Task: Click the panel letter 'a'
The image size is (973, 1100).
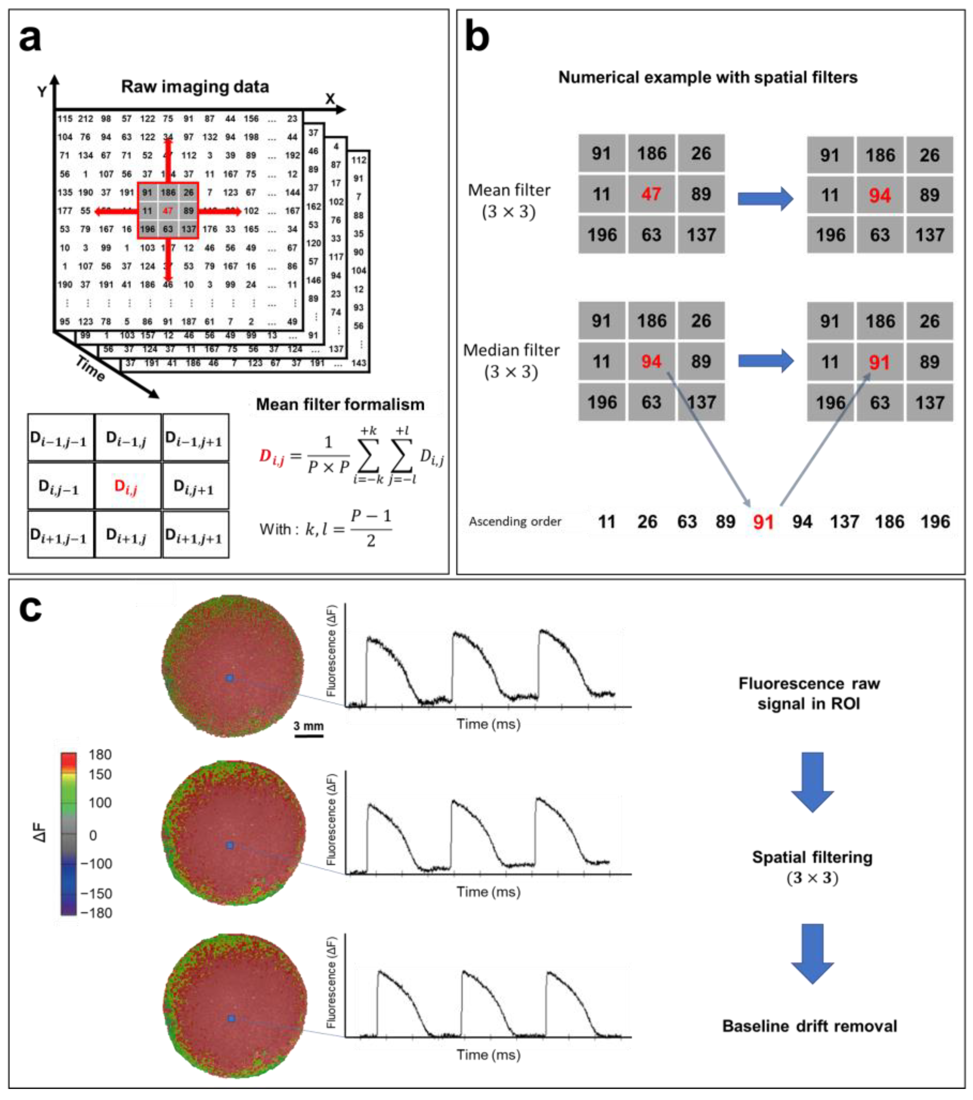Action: click(x=30, y=39)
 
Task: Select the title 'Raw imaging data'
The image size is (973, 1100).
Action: click(x=195, y=87)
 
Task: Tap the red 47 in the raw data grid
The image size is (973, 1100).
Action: click(x=168, y=211)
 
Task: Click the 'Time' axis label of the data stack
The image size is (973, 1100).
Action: click(x=90, y=369)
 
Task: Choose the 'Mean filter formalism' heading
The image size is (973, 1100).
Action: click(x=340, y=404)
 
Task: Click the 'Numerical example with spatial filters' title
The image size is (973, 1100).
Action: click(x=708, y=77)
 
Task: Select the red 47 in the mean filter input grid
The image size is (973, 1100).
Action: click(x=651, y=194)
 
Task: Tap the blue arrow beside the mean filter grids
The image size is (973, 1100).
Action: click(x=765, y=199)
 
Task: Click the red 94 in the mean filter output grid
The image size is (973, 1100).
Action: click(x=879, y=196)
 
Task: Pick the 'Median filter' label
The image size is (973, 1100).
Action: click(x=511, y=350)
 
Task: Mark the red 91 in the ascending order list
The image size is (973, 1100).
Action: click(x=763, y=521)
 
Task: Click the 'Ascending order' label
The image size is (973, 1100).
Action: click(x=515, y=521)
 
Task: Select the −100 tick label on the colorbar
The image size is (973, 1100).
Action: click(x=96, y=864)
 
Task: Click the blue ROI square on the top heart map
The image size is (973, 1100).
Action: click(x=230, y=679)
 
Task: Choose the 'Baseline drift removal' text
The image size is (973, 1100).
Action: click(x=809, y=1026)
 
